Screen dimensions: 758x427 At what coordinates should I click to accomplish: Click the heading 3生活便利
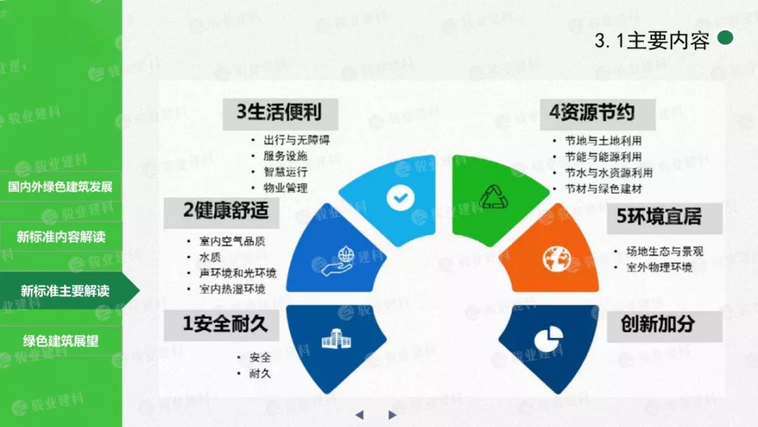click(x=280, y=113)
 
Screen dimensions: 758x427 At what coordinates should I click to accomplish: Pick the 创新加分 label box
click(x=664, y=325)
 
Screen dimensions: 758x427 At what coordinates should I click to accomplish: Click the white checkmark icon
click(x=400, y=197)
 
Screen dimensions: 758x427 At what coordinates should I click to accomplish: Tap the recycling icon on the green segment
click(x=493, y=197)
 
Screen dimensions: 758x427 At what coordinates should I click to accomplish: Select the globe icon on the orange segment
click(x=557, y=259)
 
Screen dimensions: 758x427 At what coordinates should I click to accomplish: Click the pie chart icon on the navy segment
click(x=549, y=339)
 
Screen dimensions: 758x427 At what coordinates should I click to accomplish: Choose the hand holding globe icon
click(x=339, y=261)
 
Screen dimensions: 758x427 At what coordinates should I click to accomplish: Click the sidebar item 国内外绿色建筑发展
click(x=60, y=187)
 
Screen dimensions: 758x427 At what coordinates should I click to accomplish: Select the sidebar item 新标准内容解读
click(x=61, y=237)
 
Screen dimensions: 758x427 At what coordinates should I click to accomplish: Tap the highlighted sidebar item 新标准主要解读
click(x=65, y=291)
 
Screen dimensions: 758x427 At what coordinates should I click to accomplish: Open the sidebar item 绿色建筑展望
click(x=61, y=341)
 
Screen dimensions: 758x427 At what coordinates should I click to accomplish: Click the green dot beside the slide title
click(x=725, y=38)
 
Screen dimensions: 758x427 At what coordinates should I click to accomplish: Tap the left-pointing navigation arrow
click(x=359, y=415)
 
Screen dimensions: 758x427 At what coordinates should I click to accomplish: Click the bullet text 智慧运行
click(x=285, y=172)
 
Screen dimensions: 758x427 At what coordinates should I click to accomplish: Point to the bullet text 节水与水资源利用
click(x=609, y=173)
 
